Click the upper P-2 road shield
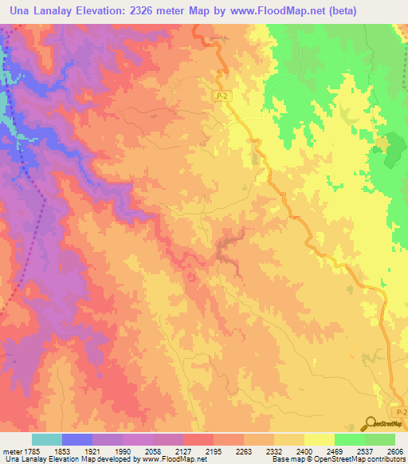[x=224, y=96]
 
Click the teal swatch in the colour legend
[x=47, y=439]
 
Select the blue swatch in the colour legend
[x=77, y=439]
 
